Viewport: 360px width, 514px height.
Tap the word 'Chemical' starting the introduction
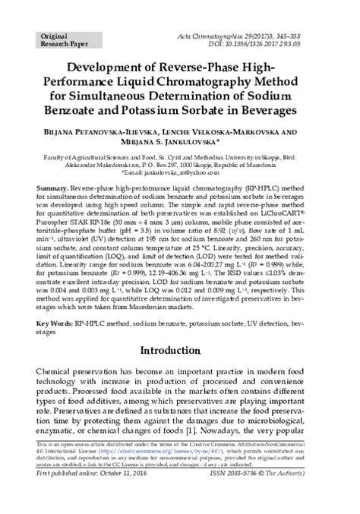click(56, 376)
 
